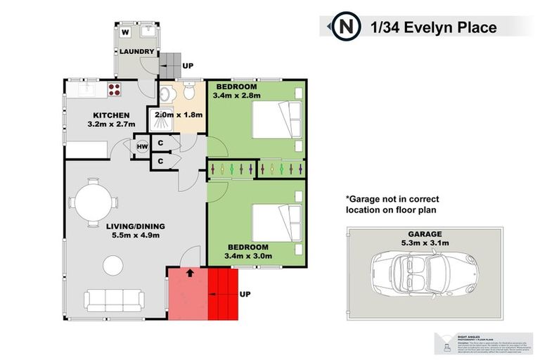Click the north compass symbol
(x=344, y=27)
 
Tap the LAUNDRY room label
(x=136, y=52)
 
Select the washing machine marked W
(x=125, y=32)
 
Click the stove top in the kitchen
(x=115, y=89)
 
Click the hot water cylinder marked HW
(x=141, y=146)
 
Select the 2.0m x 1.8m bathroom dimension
(x=179, y=115)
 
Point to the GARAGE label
(x=423, y=234)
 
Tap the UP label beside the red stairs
(x=245, y=294)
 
